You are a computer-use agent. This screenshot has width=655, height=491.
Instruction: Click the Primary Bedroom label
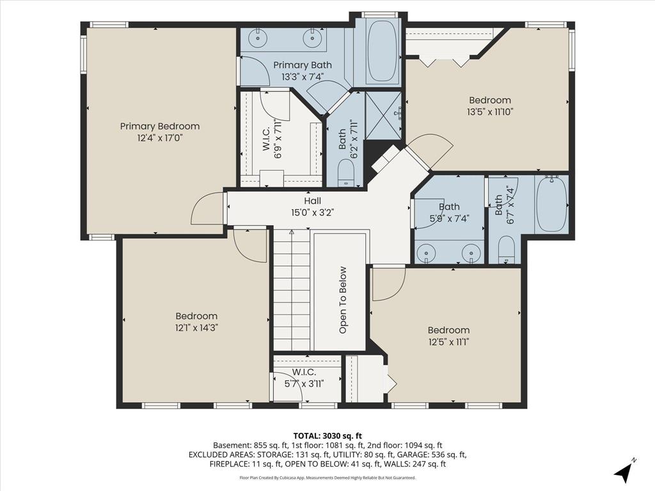pos(160,126)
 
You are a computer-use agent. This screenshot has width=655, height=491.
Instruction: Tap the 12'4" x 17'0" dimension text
pos(161,138)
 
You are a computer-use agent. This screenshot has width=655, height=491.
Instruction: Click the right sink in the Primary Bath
pos(312,39)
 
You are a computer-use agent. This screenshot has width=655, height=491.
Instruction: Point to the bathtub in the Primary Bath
pos(382,51)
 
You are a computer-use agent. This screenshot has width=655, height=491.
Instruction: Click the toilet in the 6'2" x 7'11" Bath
pos(345,173)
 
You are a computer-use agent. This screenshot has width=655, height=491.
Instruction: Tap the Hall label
pos(312,201)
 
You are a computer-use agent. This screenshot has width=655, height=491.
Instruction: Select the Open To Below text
pos(343,300)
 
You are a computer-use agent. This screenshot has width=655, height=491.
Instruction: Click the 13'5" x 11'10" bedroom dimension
pos(489,112)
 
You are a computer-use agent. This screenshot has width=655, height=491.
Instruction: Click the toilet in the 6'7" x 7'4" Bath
pos(507,250)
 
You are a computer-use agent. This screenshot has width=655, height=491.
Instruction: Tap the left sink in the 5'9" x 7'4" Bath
pos(426,253)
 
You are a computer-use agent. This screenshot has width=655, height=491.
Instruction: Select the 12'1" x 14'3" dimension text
pos(196,328)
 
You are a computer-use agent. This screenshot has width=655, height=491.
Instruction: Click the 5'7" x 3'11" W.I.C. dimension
pos(304,384)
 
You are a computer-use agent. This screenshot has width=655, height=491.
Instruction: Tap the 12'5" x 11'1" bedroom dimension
pos(448,342)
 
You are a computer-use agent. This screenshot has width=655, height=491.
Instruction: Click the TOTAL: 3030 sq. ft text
pos(327,436)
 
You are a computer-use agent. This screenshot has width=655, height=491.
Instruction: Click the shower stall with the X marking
pos(384,115)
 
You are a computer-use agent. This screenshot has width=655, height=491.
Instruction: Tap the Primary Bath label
pos(303,65)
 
